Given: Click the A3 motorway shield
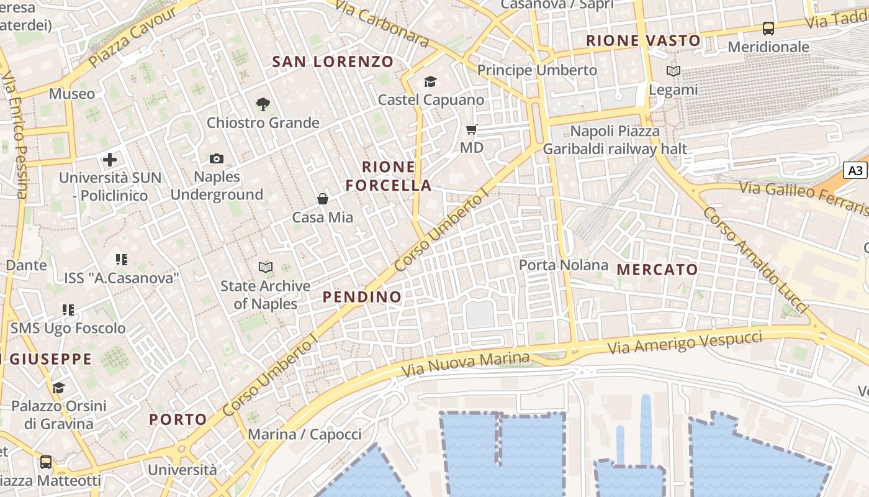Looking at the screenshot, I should click(855, 170).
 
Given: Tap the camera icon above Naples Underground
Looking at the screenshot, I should click(217, 158).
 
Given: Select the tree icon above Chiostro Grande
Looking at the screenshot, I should click(263, 104).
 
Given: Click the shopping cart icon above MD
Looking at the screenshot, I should click(472, 130).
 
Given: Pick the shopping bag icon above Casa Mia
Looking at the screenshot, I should click(323, 199).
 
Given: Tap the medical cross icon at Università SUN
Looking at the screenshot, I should click(110, 160).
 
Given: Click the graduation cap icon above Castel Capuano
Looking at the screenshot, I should click(430, 81).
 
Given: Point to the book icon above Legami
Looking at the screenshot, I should click(673, 71).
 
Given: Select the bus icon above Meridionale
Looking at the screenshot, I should click(768, 29).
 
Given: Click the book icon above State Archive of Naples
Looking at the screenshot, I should click(266, 267).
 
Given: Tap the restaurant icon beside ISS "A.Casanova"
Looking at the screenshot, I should click(122, 260).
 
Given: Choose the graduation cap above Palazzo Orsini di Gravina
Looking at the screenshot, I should click(58, 388).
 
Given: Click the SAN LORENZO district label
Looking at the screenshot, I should click(333, 62).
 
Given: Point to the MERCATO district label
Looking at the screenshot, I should click(657, 270).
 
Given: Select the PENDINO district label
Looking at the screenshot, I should click(362, 297).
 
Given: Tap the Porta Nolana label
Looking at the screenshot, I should click(564, 265).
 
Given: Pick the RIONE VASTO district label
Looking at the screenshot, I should click(643, 41).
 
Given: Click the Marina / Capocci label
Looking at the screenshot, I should click(304, 434).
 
